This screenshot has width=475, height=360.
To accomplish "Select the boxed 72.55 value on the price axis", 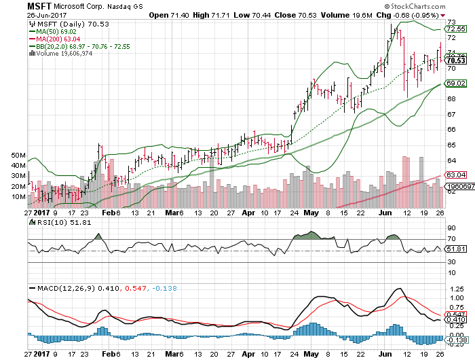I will pyautogui.click(x=455, y=29).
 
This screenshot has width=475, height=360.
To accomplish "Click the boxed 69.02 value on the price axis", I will pyautogui.click(x=455, y=83).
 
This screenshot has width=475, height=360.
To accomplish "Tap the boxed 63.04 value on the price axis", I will pyautogui.click(x=455, y=175).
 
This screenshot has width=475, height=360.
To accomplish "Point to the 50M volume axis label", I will pyautogui.click(x=18, y=156).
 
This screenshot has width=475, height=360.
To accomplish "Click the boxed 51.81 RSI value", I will pyautogui.click(x=455, y=249).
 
